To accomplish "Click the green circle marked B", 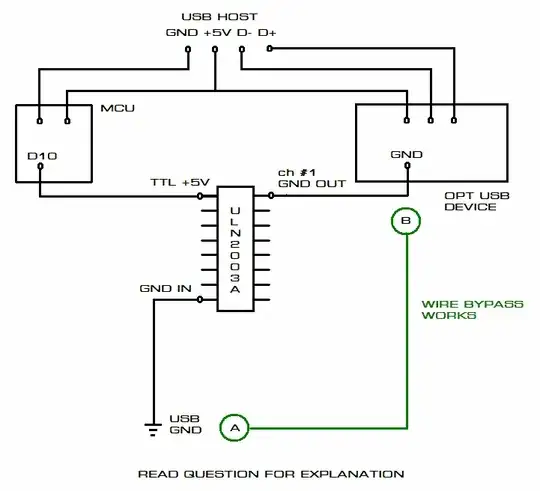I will coord(405,220).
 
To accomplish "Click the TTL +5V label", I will coord(180,182).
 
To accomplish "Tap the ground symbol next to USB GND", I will coord(154,429).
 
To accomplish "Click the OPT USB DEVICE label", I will coord(469,200).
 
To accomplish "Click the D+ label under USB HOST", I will coord(268,33).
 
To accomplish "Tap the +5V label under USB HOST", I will coord(215,33).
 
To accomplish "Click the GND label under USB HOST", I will coord(183,33).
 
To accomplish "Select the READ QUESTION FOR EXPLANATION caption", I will coord(271,473).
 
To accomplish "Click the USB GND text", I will coord(185,424).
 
